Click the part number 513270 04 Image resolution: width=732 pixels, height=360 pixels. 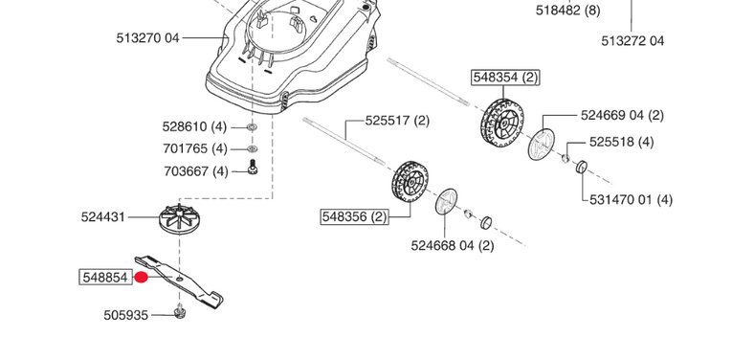pos(147,38)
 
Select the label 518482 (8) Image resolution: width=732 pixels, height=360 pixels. pos(568,11)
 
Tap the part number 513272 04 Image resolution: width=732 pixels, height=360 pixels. pos(632,41)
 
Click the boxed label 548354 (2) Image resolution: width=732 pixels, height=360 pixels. pos(505,76)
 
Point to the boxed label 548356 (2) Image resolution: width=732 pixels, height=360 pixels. pos(354,217)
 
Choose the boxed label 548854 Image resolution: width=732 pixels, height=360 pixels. pos(103,278)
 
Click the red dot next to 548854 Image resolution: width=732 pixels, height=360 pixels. pos(141,279)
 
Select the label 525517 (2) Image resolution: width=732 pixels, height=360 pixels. pos(397,122)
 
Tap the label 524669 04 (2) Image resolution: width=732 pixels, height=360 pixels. pos(622,115)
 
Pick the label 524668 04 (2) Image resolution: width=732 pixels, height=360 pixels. pos(453,246)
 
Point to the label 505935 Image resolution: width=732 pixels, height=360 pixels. pos(126,314)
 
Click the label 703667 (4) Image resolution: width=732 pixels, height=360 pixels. pos(195,171)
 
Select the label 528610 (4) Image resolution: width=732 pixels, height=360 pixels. pos(195,126)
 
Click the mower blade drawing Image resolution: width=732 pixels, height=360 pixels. pos(182,281)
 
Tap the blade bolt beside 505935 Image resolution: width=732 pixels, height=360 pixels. pos(180,310)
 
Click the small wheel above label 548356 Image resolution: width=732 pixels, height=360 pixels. pos(410,186)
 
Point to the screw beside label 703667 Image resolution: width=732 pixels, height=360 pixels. pos(252,169)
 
